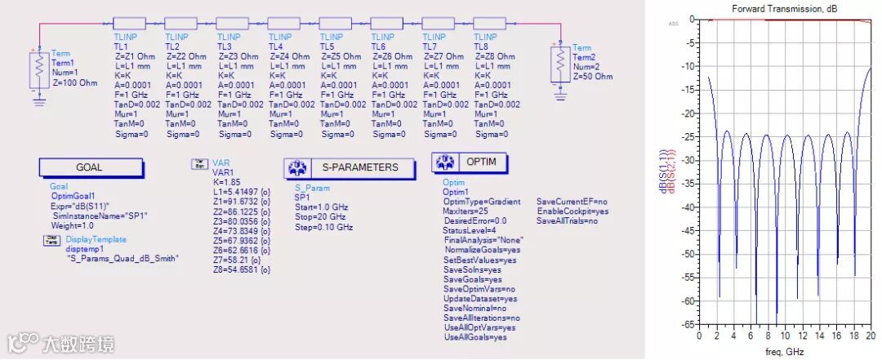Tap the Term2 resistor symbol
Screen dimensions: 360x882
pos(559,60)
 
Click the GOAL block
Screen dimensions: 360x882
pos(90,167)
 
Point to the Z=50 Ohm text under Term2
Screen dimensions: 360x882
pos(592,76)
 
